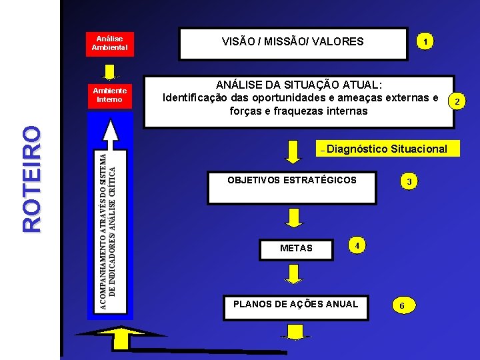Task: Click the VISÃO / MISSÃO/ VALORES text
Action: (293, 41)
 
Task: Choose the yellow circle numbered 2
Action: (457, 101)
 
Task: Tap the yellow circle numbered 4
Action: (357, 245)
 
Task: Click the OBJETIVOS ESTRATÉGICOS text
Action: (292, 180)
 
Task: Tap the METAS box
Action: (296, 248)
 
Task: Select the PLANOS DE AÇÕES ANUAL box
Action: (295, 305)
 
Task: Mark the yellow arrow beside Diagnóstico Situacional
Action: (293, 151)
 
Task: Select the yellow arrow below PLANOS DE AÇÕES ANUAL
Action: (294, 331)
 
